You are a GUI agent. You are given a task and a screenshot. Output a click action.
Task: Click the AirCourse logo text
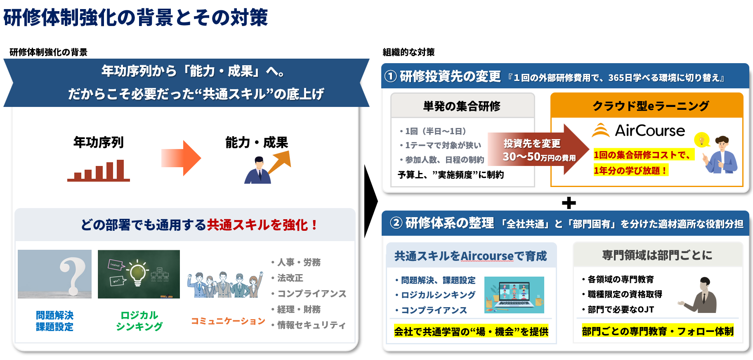(649, 131)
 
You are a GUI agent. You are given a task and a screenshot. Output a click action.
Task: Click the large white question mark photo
(54, 274)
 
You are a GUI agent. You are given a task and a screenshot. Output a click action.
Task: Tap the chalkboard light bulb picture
(139, 274)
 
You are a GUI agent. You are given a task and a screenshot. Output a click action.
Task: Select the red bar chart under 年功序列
(99, 171)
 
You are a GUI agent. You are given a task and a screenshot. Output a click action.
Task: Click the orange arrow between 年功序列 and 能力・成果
(181, 158)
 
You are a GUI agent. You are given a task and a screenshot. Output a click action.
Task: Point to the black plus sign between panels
(569, 203)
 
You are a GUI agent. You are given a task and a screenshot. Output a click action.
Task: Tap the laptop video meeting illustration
(514, 295)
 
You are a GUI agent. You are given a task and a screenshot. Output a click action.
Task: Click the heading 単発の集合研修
(462, 106)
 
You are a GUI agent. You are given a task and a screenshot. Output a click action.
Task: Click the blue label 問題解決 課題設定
(54, 321)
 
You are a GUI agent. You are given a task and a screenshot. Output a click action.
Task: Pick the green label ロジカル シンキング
(139, 321)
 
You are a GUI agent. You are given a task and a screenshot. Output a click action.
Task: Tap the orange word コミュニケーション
(228, 321)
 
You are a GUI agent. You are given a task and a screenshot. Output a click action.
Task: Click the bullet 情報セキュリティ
(311, 325)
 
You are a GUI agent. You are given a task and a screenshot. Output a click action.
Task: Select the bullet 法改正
(290, 278)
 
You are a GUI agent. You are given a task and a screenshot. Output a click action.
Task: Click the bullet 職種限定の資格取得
(625, 294)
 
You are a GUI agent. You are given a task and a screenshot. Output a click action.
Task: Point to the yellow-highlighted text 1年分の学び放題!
(630, 171)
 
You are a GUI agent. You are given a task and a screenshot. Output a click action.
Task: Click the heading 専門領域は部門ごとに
(657, 255)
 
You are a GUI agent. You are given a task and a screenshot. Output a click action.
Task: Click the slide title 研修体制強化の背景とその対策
(136, 17)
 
